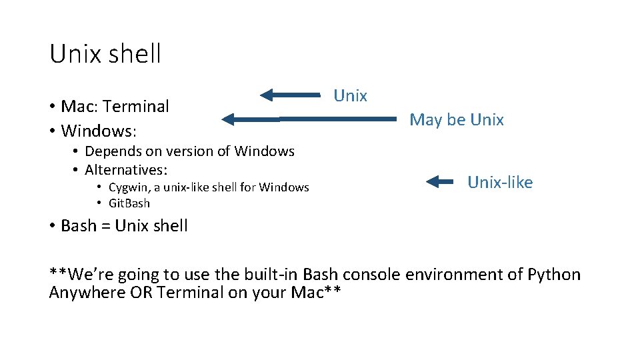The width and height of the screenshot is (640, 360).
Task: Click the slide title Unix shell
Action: (x=105, y=54)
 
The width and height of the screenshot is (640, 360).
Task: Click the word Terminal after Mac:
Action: (x=136, y=106)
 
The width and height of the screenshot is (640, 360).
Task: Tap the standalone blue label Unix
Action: (x=350, y=96)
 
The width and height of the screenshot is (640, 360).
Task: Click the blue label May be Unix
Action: (x=456, y=120)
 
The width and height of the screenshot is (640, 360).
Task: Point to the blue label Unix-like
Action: (x=499, y=183)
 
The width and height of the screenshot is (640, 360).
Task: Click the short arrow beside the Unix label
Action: (x=290, y=95)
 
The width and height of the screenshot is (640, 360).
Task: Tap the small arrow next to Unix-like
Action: (x=439, y=181)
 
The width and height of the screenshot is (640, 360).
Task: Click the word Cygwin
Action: (x=127, y=187)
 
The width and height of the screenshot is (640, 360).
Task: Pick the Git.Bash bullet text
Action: (x=129, y=203)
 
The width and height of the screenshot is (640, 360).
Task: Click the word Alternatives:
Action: (x=126, y=169)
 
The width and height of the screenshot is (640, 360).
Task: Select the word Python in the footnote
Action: (x=553, y=275)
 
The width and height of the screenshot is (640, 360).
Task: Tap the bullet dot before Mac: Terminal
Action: (x=52, y=107)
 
